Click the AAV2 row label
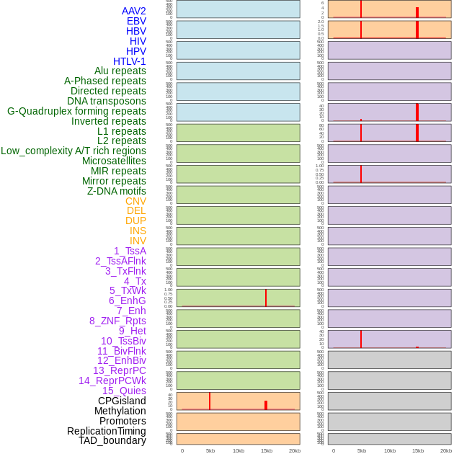point(133,11)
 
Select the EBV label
point(136,21)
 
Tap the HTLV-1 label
point(129,61)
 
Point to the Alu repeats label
point(120,71)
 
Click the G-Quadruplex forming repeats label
point(76,111)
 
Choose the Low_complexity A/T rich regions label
point(74,151)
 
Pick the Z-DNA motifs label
point(117,191)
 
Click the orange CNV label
point(135,201)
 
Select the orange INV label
point(138,241)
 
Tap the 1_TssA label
point(130,251)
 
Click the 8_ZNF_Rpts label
point(117,321)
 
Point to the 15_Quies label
point(124,391)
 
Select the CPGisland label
point(122,401)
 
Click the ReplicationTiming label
point(107,431)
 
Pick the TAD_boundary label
point(112,440)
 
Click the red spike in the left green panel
point(266,298)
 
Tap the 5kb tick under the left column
point(210,450)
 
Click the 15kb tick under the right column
point(418,450)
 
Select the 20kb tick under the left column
point(295,450)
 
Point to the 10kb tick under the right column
point(390,450)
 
